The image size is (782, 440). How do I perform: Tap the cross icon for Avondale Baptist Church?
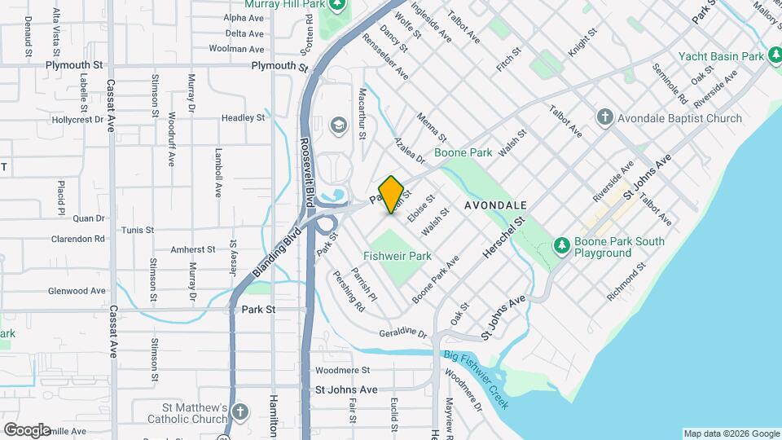(604, 118)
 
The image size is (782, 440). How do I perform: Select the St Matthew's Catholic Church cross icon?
(240, 411)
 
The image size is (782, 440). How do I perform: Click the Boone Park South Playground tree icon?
(560, 245)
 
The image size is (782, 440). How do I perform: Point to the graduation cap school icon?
(337, 125)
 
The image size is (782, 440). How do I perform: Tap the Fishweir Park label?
(397, 256)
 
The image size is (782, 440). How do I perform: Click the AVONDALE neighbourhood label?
(495, 205)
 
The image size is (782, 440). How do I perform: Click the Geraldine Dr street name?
(403, 333)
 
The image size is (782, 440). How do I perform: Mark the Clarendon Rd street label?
(78, 240)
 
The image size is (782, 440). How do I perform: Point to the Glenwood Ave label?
(77, 291)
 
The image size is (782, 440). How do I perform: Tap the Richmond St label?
(626, 282)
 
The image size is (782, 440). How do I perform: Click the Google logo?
(27, 429)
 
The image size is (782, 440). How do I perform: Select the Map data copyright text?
(731, 433)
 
